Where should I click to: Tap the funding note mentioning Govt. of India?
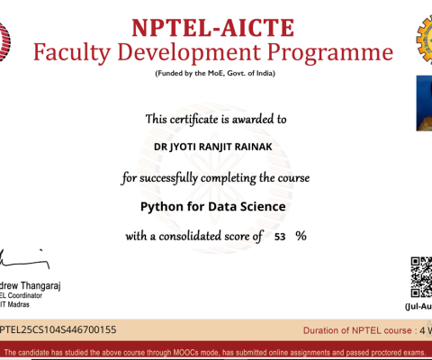tap(213, 73)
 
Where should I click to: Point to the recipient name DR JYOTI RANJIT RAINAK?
tap(215, 144)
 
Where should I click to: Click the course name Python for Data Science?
tap(213, 206)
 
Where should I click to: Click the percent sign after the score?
tap(301, 236)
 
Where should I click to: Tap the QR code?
tap(421, 275)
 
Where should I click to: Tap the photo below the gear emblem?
tap(424, 98)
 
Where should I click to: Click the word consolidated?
tap(193, 236)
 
